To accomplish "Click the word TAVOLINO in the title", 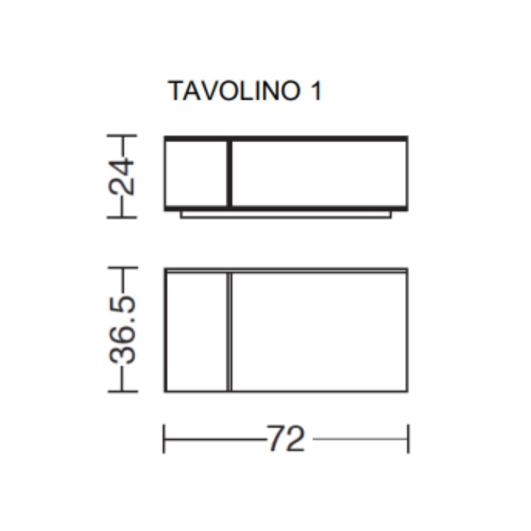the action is (234, 91).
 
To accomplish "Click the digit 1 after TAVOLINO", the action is (316, 91).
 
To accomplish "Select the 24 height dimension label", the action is (122, 177).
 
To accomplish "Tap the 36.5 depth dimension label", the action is (122, 330).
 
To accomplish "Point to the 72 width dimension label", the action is (286, 439).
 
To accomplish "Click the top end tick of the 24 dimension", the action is (122, 135).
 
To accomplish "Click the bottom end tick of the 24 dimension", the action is (122, 217).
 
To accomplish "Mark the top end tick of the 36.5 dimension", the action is (123, 268).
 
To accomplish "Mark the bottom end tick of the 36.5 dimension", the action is (123, 391).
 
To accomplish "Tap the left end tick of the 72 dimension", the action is (164, 439).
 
